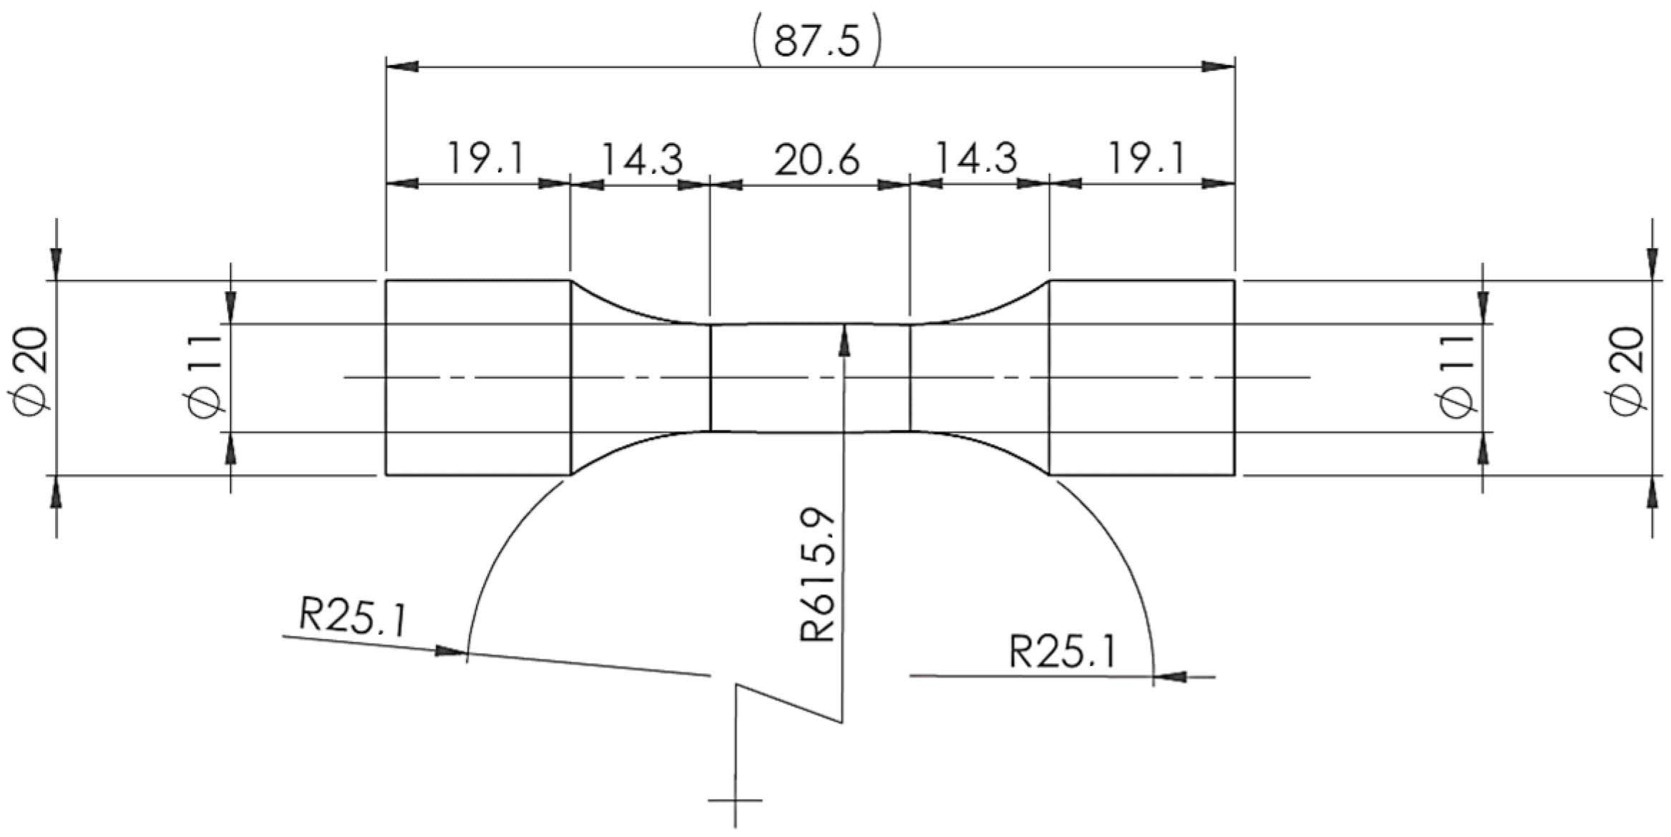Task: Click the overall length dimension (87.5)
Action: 816,41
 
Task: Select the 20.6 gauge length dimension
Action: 816,159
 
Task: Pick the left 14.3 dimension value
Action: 642,159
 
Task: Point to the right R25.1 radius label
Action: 1061,651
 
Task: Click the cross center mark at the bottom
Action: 736,801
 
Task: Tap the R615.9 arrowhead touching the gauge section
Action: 845,338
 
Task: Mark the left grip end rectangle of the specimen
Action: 478,377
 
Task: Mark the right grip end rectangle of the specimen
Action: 1142,377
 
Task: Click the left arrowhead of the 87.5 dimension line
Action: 401,67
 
